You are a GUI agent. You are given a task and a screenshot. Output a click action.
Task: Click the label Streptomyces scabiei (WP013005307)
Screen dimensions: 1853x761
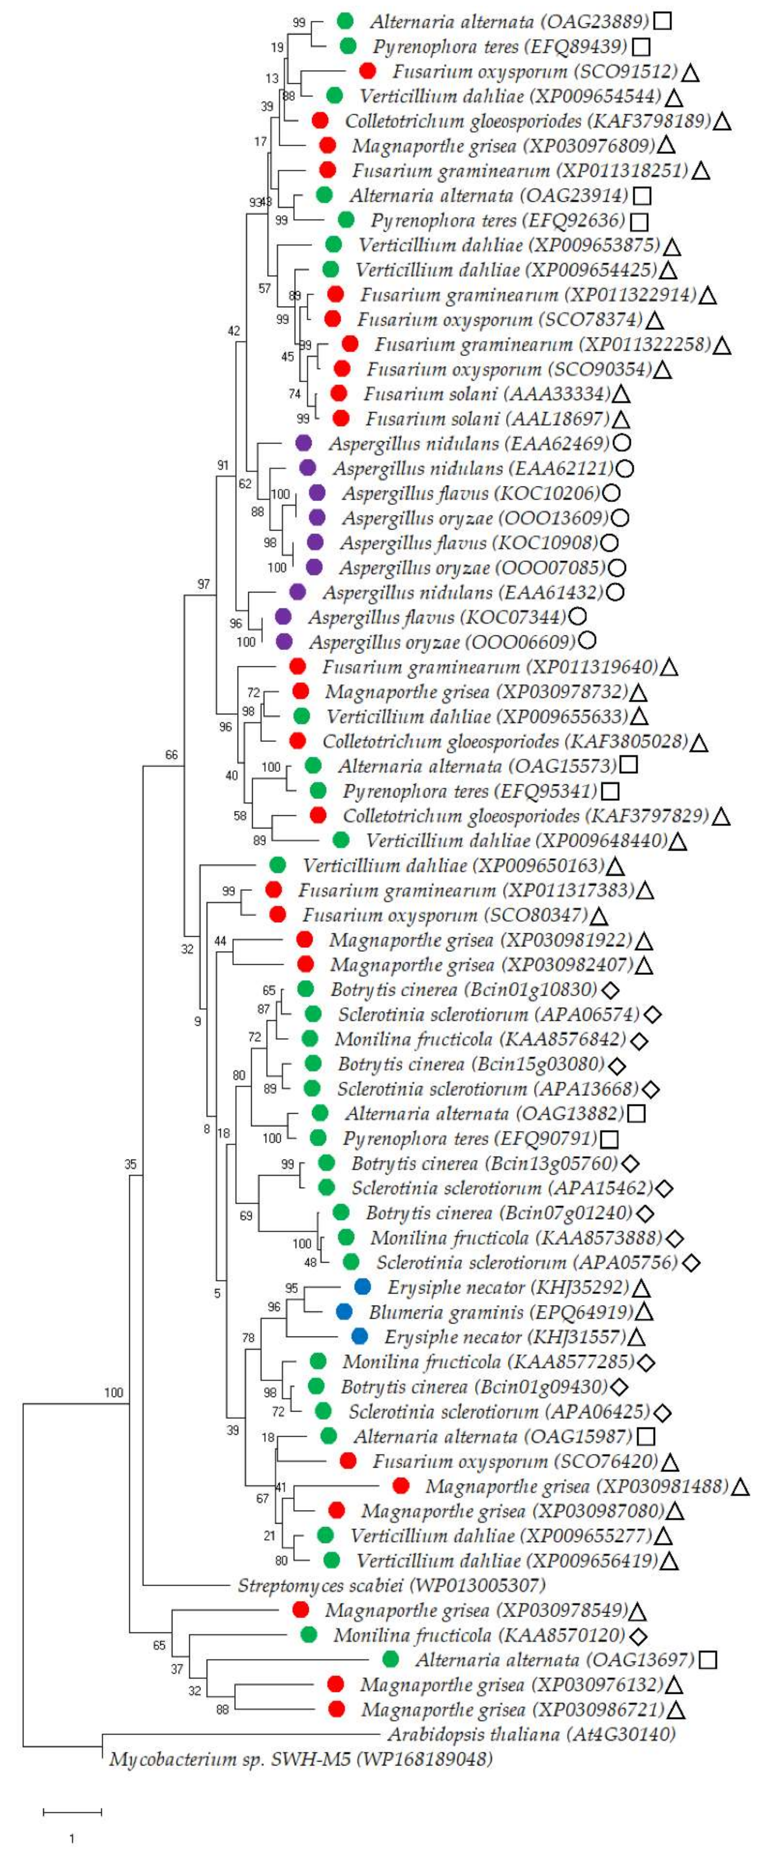coord(391,1585)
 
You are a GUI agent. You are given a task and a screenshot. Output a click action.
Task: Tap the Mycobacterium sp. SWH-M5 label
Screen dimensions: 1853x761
coord(300,1759)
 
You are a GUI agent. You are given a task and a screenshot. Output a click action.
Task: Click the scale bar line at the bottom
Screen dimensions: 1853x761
coord(72,1811)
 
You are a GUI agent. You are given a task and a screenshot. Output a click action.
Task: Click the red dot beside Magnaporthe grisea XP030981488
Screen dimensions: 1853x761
coord(401,1486)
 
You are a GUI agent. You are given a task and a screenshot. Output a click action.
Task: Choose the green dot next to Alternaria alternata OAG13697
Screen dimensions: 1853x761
coord(391,1659)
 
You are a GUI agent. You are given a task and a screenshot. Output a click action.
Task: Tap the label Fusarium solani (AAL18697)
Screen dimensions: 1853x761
coord(487,418)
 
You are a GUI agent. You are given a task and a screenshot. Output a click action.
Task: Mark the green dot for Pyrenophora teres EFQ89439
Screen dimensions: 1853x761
coord(348,46)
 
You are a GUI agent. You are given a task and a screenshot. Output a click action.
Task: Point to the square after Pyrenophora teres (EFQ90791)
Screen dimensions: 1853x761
coord(609,1139)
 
